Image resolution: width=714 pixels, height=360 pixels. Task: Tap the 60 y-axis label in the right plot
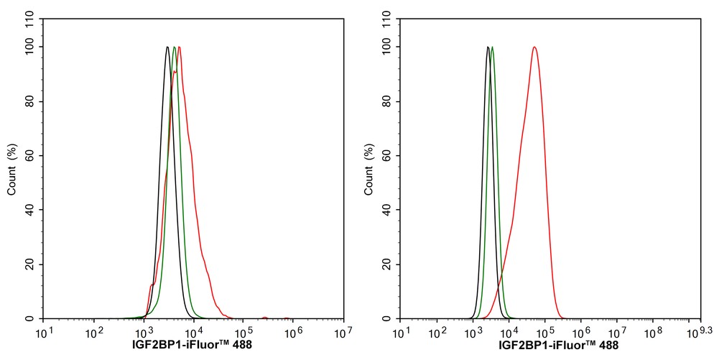coord(389,156)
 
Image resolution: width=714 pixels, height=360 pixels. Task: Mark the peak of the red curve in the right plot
coord(534,47)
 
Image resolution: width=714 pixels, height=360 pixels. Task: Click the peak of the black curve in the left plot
coord(167,47)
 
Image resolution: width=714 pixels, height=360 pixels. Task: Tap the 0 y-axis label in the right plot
coord(392,318)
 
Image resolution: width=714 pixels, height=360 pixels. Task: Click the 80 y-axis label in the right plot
coord(389,101)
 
